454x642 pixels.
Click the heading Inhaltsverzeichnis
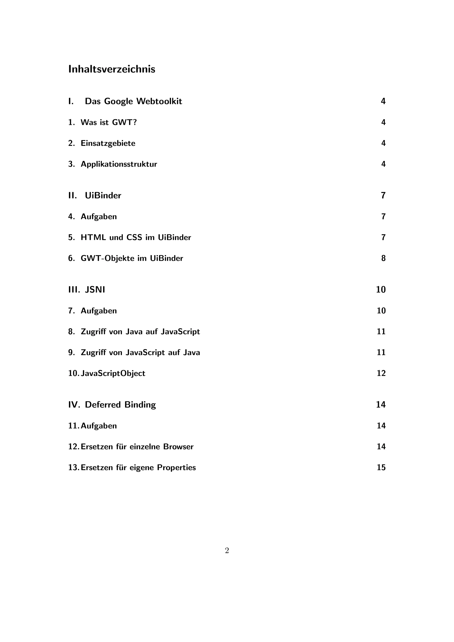click(x=112, y=69)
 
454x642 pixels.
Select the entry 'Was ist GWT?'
click(x=109, y=122)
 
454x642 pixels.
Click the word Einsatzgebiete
click(x=108, y=143)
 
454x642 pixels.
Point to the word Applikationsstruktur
click(x=119, y=164)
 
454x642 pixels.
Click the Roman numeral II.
click(x=72, y=196)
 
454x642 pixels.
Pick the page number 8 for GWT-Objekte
click(x=383, y=258)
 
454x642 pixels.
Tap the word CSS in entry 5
click(x=134, y=237)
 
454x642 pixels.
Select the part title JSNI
click(x=95, y=290)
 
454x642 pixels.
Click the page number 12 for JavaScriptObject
click(x=381, y=373)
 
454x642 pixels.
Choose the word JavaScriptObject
click(x=113, y=374)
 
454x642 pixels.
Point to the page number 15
click(x=381, y=468)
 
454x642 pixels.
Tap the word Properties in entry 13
click(x=176, y=468)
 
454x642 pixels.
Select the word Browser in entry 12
click(x=178, y=446)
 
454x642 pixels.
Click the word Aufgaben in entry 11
click(x=99, y=426)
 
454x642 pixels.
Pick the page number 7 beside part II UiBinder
click(x=383, y=196)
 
